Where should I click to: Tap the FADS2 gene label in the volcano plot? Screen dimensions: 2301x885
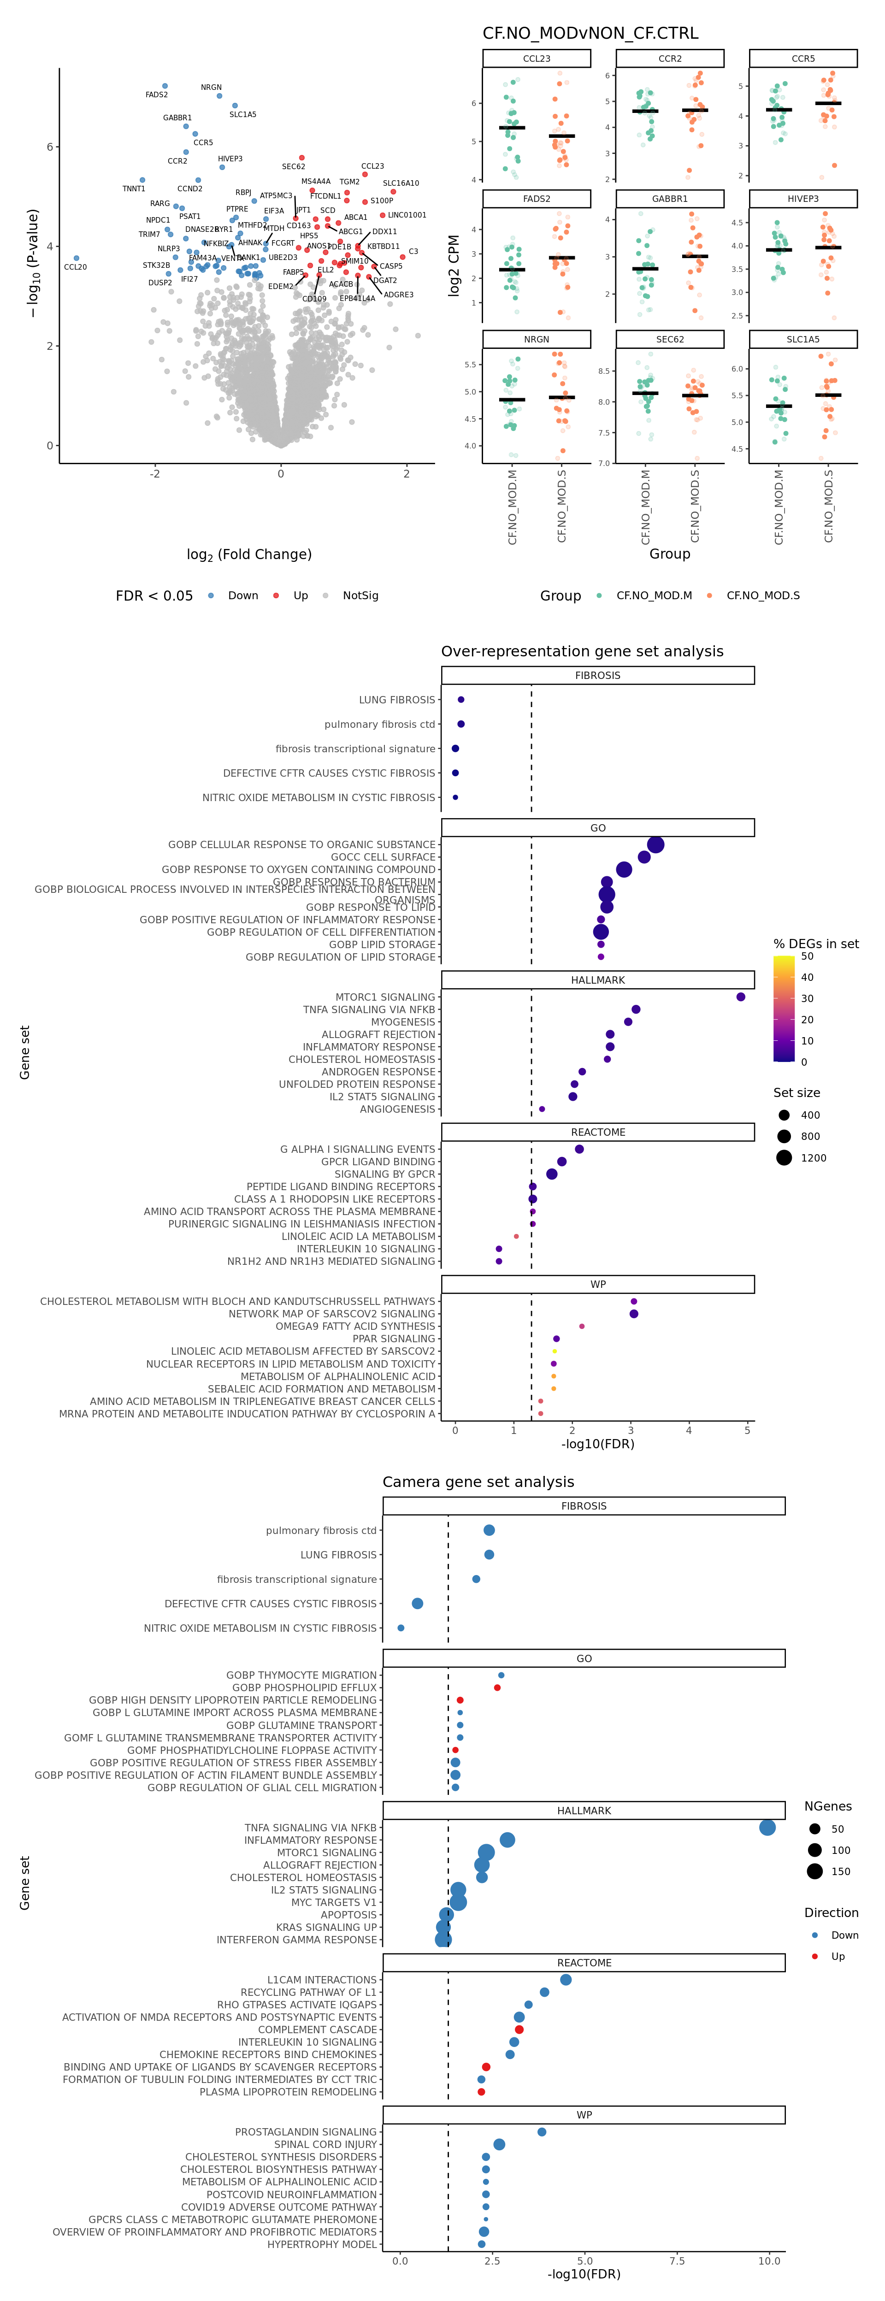156,94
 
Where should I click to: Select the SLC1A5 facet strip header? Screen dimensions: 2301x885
803,339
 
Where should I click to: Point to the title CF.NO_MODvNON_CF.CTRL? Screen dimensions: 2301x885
590,33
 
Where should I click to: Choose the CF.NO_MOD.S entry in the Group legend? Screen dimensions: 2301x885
763,596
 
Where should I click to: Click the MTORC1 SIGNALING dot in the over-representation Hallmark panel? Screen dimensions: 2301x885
740,997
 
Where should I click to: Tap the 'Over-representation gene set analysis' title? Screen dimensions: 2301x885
582,651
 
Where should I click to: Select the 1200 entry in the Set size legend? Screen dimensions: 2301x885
813,1158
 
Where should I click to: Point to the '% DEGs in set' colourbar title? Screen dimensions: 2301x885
815,944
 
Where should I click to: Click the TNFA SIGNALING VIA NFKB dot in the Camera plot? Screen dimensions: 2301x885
767,1828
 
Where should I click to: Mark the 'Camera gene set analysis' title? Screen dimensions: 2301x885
478,1482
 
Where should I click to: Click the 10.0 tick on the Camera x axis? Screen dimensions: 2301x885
769,2261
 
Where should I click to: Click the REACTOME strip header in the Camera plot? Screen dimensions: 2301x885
584,1963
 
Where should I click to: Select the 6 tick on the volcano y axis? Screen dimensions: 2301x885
50,147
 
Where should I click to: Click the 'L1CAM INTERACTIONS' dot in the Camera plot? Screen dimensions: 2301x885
565,1979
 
